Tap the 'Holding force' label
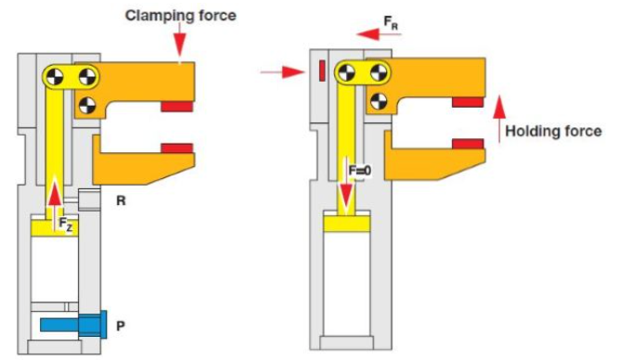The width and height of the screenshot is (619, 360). point(558,132)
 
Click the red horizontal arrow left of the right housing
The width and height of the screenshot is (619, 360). point(283,71)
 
